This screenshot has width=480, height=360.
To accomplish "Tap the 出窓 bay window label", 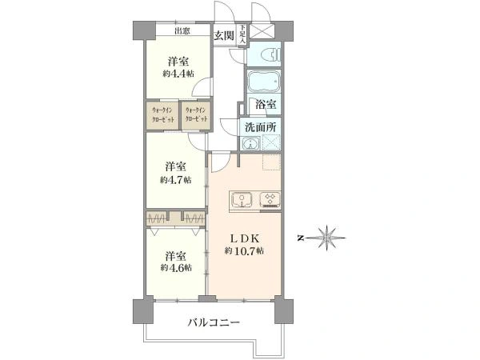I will point(182,31).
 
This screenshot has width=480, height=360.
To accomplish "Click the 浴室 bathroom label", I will point(265,105).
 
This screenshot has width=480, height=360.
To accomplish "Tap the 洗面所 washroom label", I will point(260,126).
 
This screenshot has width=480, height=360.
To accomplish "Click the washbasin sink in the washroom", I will point(250,144).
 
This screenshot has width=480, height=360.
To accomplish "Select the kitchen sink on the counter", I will point(243,199).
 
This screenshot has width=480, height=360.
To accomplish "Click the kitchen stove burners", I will point(270,199).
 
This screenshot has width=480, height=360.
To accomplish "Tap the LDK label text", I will point(244,238).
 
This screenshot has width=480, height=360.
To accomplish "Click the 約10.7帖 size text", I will point(244,251).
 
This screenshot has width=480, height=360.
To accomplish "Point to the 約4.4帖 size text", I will point(177,73).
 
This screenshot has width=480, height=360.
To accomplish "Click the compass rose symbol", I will point(329,237).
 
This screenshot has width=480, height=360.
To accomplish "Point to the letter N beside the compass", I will point(298,238).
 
